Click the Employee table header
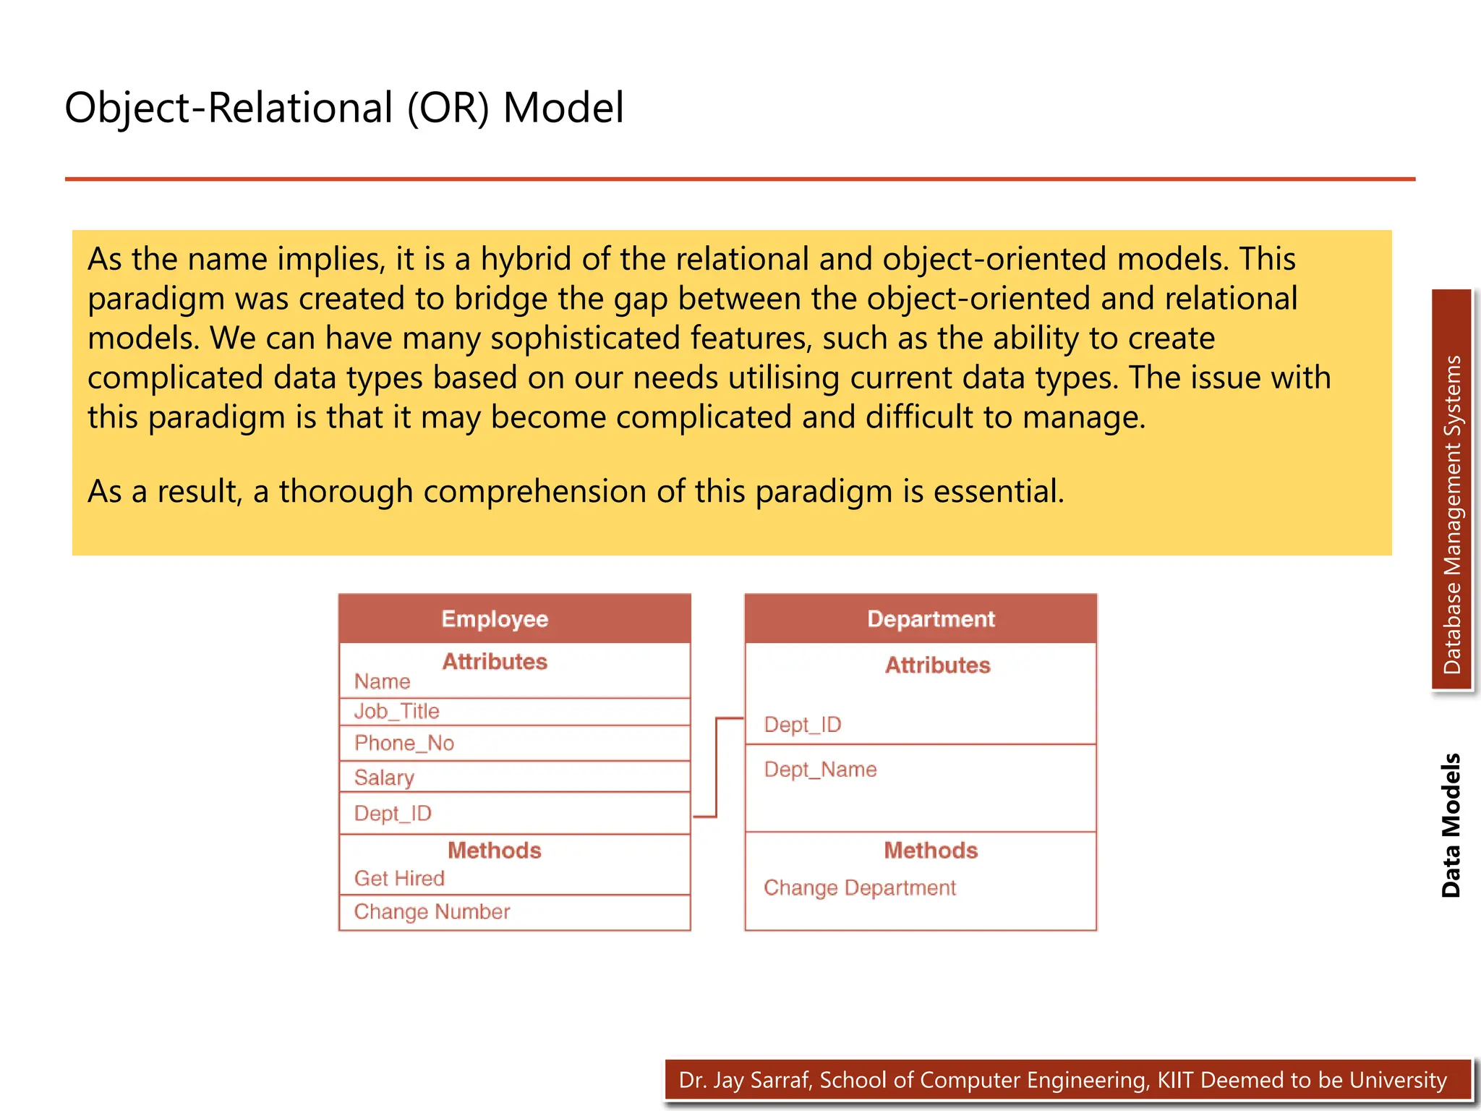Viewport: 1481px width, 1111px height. [x=495, y=619]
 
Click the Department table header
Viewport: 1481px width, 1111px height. [x=931, y=619]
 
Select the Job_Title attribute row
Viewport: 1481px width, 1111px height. [x=397, y=712]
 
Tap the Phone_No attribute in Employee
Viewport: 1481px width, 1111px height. [x=404, y=744]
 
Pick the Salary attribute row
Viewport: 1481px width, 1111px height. [x=384, y=778]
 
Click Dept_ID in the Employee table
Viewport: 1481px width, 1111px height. [x=393, y=814]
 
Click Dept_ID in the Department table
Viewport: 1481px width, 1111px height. [x=803, y=725]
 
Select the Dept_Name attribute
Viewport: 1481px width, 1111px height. [x=820, y=770]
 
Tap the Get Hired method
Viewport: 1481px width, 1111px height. [x=399, y=879]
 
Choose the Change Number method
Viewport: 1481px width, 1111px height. [x=432, y=912]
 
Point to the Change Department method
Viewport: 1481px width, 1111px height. [x=860, y=888]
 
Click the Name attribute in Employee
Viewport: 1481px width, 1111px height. [x=382, y=682]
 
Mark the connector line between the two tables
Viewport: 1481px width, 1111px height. [x=716, y=767]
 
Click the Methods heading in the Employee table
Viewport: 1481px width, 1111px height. [x=495, y=851]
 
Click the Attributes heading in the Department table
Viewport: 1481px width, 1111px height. [x=938, y=665]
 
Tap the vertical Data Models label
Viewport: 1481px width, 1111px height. [x=1451, y=825]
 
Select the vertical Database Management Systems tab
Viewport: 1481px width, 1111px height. [x=1451, y=514]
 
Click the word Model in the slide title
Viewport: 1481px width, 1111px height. [x=563, y=108]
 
